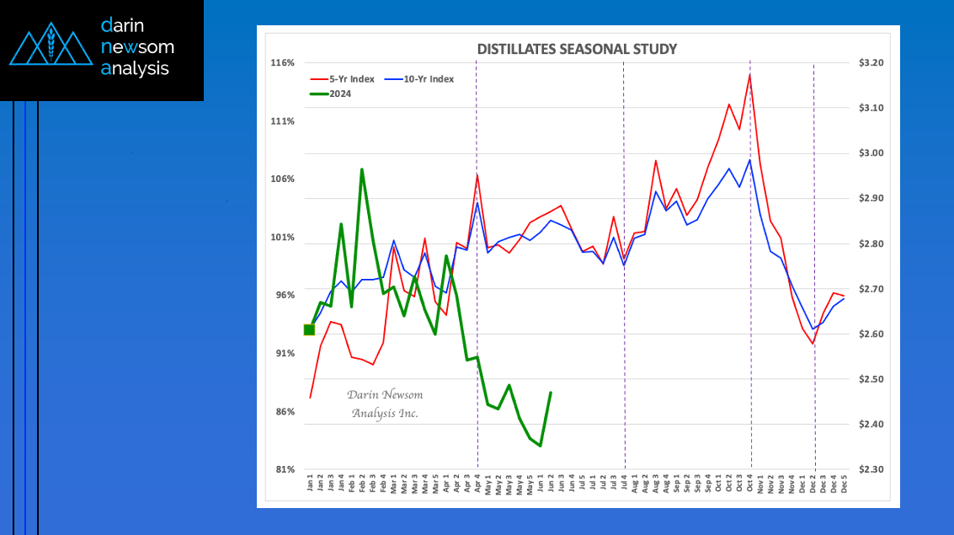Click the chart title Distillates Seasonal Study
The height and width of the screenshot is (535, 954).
coord(577,49)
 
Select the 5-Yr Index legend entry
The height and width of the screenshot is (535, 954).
coord(344,79)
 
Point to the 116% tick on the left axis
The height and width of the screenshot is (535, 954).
coord(282,63)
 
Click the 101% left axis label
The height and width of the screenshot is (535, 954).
coord(282,238)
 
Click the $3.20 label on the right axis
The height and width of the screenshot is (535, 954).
coord(871,63)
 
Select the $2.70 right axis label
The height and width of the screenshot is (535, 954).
coord(871,289)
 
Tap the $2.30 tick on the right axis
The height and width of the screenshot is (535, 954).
coord(871,470)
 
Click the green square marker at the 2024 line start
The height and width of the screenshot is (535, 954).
coord(309,329)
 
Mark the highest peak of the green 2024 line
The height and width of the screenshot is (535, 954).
coord(362,169)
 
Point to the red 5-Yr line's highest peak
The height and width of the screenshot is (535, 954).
coord(749,74)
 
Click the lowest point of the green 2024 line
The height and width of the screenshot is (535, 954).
coord(540,446)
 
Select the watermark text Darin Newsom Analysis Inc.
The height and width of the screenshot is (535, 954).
coord(385,404)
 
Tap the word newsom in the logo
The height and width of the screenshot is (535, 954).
coord(137,47)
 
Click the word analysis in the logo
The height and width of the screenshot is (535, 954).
coord(135,69)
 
